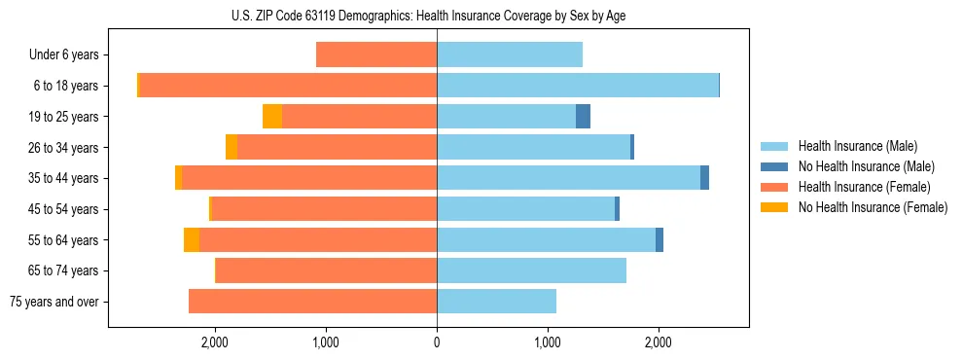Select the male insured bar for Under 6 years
coord(509,54)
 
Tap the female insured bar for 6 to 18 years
coord(288,86)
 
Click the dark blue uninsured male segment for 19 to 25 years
coord(583,117)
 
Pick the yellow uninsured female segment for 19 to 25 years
coord(272,117)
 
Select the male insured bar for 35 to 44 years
coord(568,178)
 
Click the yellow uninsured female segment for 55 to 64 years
coord(192,239)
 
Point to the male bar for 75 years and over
coord(496,302)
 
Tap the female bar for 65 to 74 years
coord(326,270)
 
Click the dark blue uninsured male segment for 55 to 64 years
coord(660,239)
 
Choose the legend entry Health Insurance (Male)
coord(857,146)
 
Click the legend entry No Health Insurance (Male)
coord(866,166)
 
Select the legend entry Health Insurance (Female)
coord(861,187)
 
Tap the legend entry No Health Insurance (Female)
coord(873,207)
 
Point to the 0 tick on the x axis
coord(437,342)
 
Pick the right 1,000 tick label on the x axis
coord(548,342)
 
